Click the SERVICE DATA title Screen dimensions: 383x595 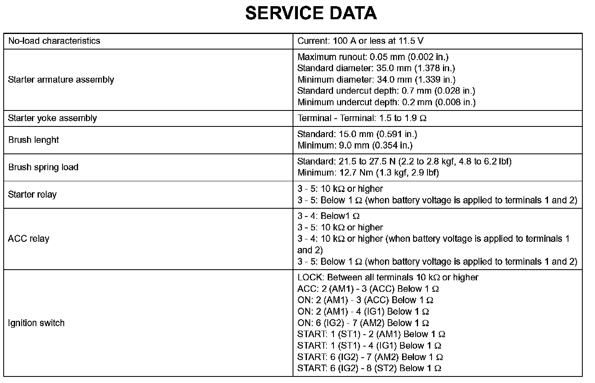click(x=311, y=14)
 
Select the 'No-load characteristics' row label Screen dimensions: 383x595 click(x=54, y=41)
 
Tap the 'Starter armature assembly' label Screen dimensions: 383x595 click(x=61, y=79)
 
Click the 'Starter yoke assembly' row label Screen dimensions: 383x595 click(x=52, y=118)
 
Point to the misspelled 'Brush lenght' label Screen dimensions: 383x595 click(x=34, y=140)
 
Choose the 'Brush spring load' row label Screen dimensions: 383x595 click(x=43, y=167)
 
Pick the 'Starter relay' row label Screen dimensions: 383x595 click(x=32, y=194)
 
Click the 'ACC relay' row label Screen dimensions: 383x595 click(x=28, y=239)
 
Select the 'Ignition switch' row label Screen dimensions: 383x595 click(x=36, y=323)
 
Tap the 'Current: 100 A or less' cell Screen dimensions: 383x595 click(x=360, y=41)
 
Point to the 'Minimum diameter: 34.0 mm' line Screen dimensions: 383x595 click(x=376, y=79)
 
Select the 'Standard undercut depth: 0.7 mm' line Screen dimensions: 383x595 click(x=386, y=91)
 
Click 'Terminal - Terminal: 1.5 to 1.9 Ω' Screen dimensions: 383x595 click(x=362, y=118)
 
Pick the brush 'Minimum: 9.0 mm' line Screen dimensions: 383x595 click(x=355, y=145)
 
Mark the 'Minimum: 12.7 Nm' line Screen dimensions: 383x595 click(x=368, y=173)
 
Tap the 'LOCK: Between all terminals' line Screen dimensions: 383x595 click(x=387, y=277)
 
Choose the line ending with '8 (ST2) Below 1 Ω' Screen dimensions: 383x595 click(x=369, y=368)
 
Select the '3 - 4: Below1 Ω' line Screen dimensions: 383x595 click(x=328, y=216)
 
